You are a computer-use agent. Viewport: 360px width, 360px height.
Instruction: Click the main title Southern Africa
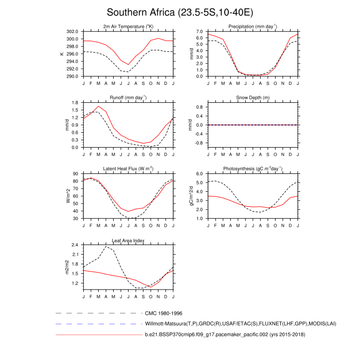[x=180, y=12]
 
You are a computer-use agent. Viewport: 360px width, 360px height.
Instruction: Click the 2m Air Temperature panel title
[x=128, y=27]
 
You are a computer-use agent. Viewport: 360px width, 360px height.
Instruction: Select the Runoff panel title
[x=128, y=98]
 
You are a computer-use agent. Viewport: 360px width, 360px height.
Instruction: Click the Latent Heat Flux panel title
[x=128, y=169]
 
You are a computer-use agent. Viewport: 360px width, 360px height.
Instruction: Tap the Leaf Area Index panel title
[x=128, y=240]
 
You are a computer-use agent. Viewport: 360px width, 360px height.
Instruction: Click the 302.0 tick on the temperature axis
[x=72, y=31]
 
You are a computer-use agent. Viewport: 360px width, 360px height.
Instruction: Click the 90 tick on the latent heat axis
[x=76, y=174]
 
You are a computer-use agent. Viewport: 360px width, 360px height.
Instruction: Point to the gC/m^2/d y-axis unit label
[x=191, y=196]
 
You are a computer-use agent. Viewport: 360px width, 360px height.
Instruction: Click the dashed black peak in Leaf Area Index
[x=106, y=247]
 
